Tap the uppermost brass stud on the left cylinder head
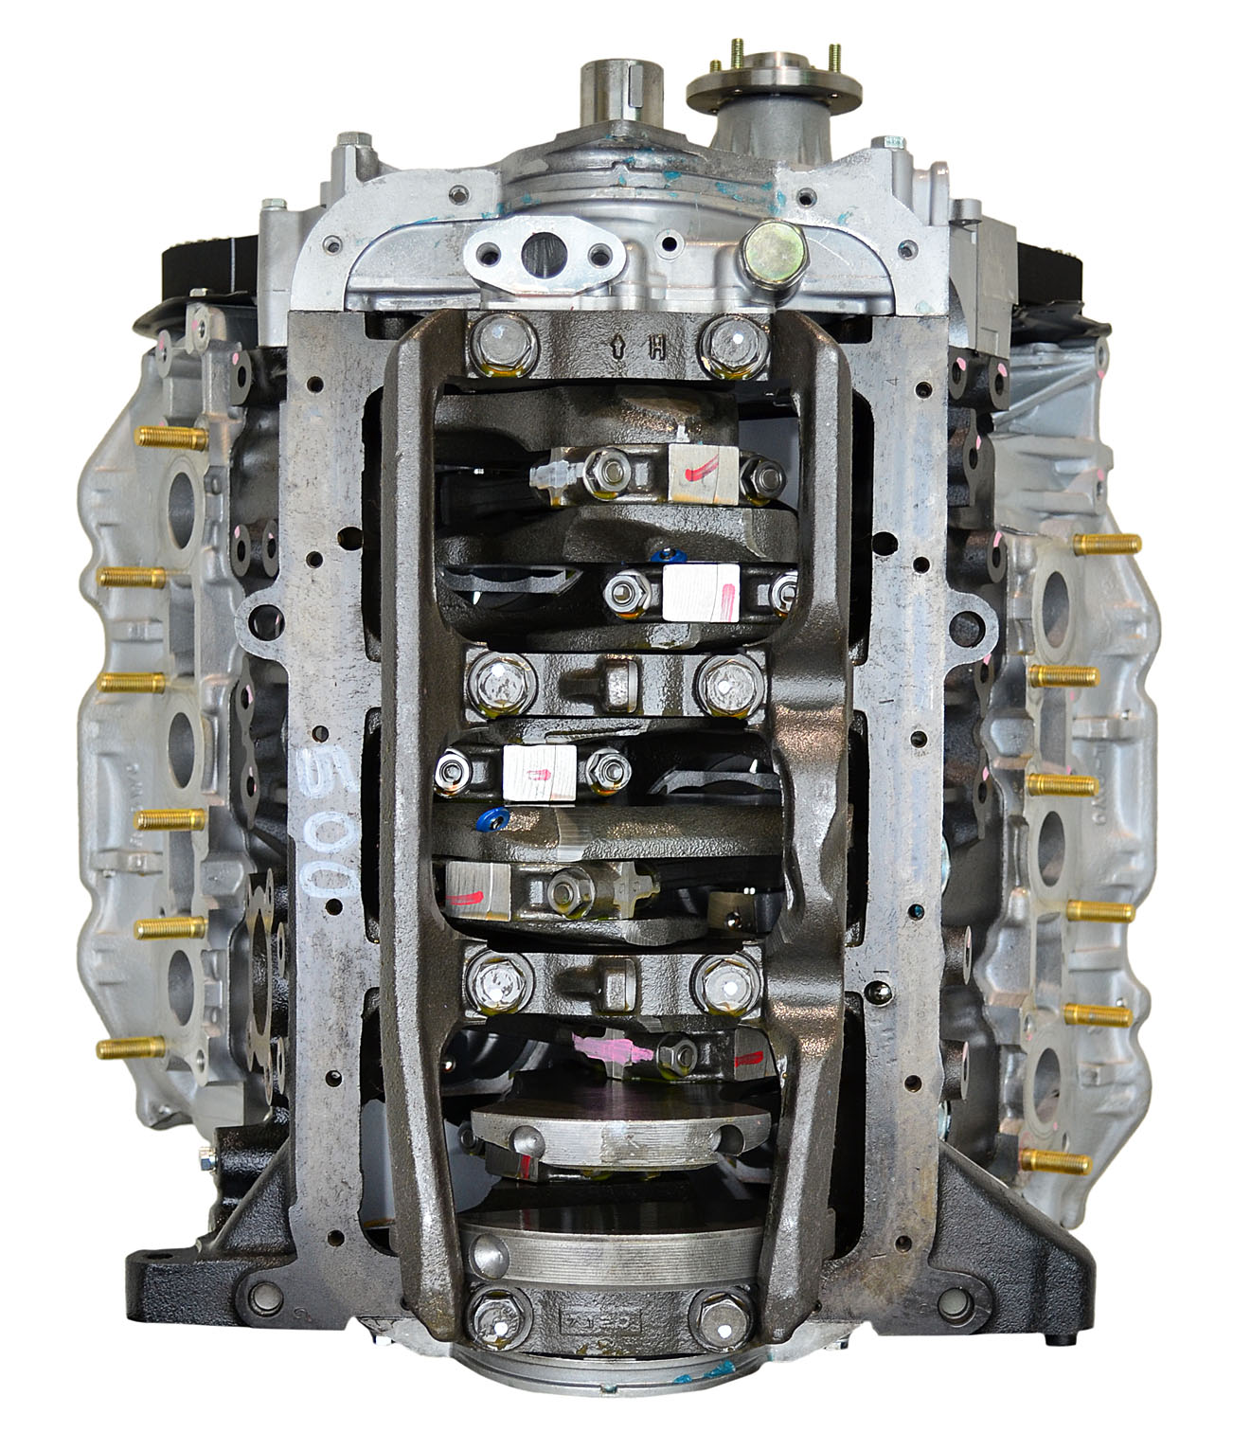pos(173,438)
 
